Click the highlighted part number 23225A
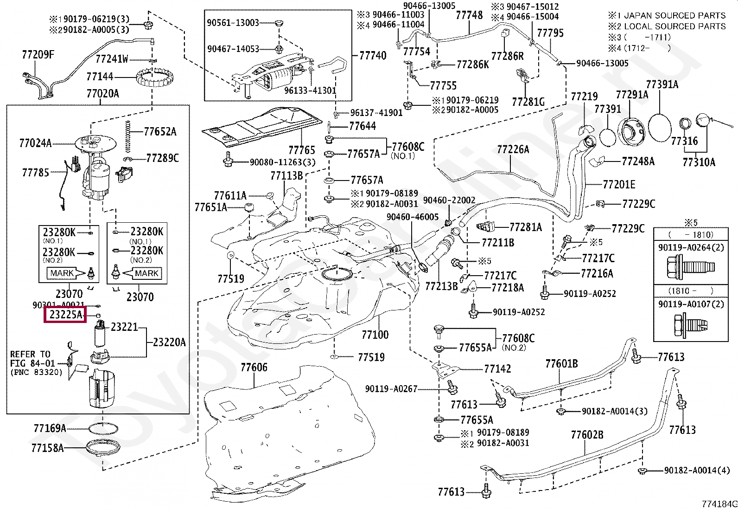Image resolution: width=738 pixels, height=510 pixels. point(65,315)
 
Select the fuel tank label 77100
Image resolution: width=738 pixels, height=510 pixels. point(375,334)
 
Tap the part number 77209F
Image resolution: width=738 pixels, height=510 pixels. point(38,55)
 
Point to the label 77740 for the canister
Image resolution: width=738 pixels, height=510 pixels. point(372,56)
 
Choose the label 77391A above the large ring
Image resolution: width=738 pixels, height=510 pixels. point(662,84)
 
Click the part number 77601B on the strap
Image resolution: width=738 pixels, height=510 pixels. point(561,363)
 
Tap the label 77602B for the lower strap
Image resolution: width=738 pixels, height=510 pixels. point(587,434)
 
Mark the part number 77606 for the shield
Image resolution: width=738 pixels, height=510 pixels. point(254,368)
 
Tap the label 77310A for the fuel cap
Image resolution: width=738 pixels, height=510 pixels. point(699,162)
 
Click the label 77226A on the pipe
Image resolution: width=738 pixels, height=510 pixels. point(513,149)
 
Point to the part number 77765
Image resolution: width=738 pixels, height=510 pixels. point(301,150)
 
